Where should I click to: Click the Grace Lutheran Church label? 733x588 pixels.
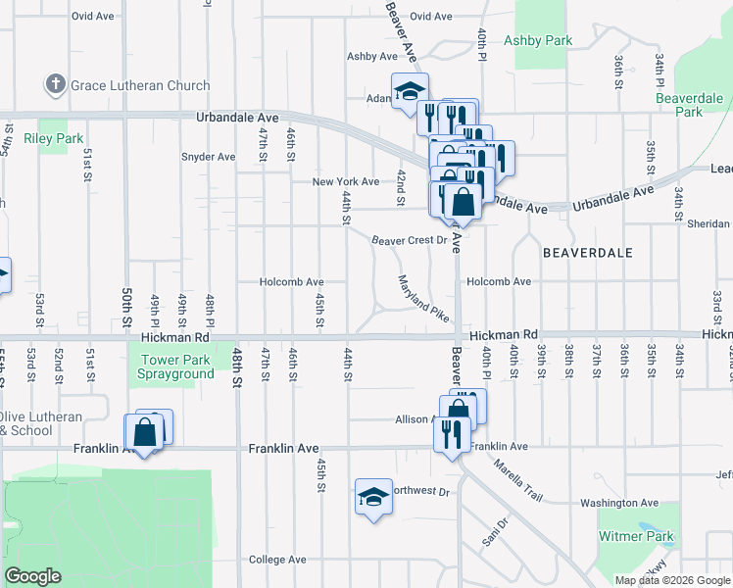140,85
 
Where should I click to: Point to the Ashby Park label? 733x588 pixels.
538,40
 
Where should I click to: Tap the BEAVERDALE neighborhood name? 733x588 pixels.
588,252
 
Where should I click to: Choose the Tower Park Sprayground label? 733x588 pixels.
176,367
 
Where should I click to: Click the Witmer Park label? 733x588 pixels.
638,537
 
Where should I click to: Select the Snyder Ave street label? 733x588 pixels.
208,157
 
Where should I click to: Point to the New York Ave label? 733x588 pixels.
345,182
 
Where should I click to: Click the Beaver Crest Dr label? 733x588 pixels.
408,240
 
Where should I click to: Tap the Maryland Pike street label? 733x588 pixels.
423,299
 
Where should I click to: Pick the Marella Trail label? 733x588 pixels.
518,481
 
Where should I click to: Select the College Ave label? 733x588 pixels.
277,560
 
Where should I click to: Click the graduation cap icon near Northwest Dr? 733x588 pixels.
373,498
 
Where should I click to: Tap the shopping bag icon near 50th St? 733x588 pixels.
144,432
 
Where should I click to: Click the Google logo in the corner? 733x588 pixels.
32,576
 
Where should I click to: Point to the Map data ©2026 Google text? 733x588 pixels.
672,580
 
